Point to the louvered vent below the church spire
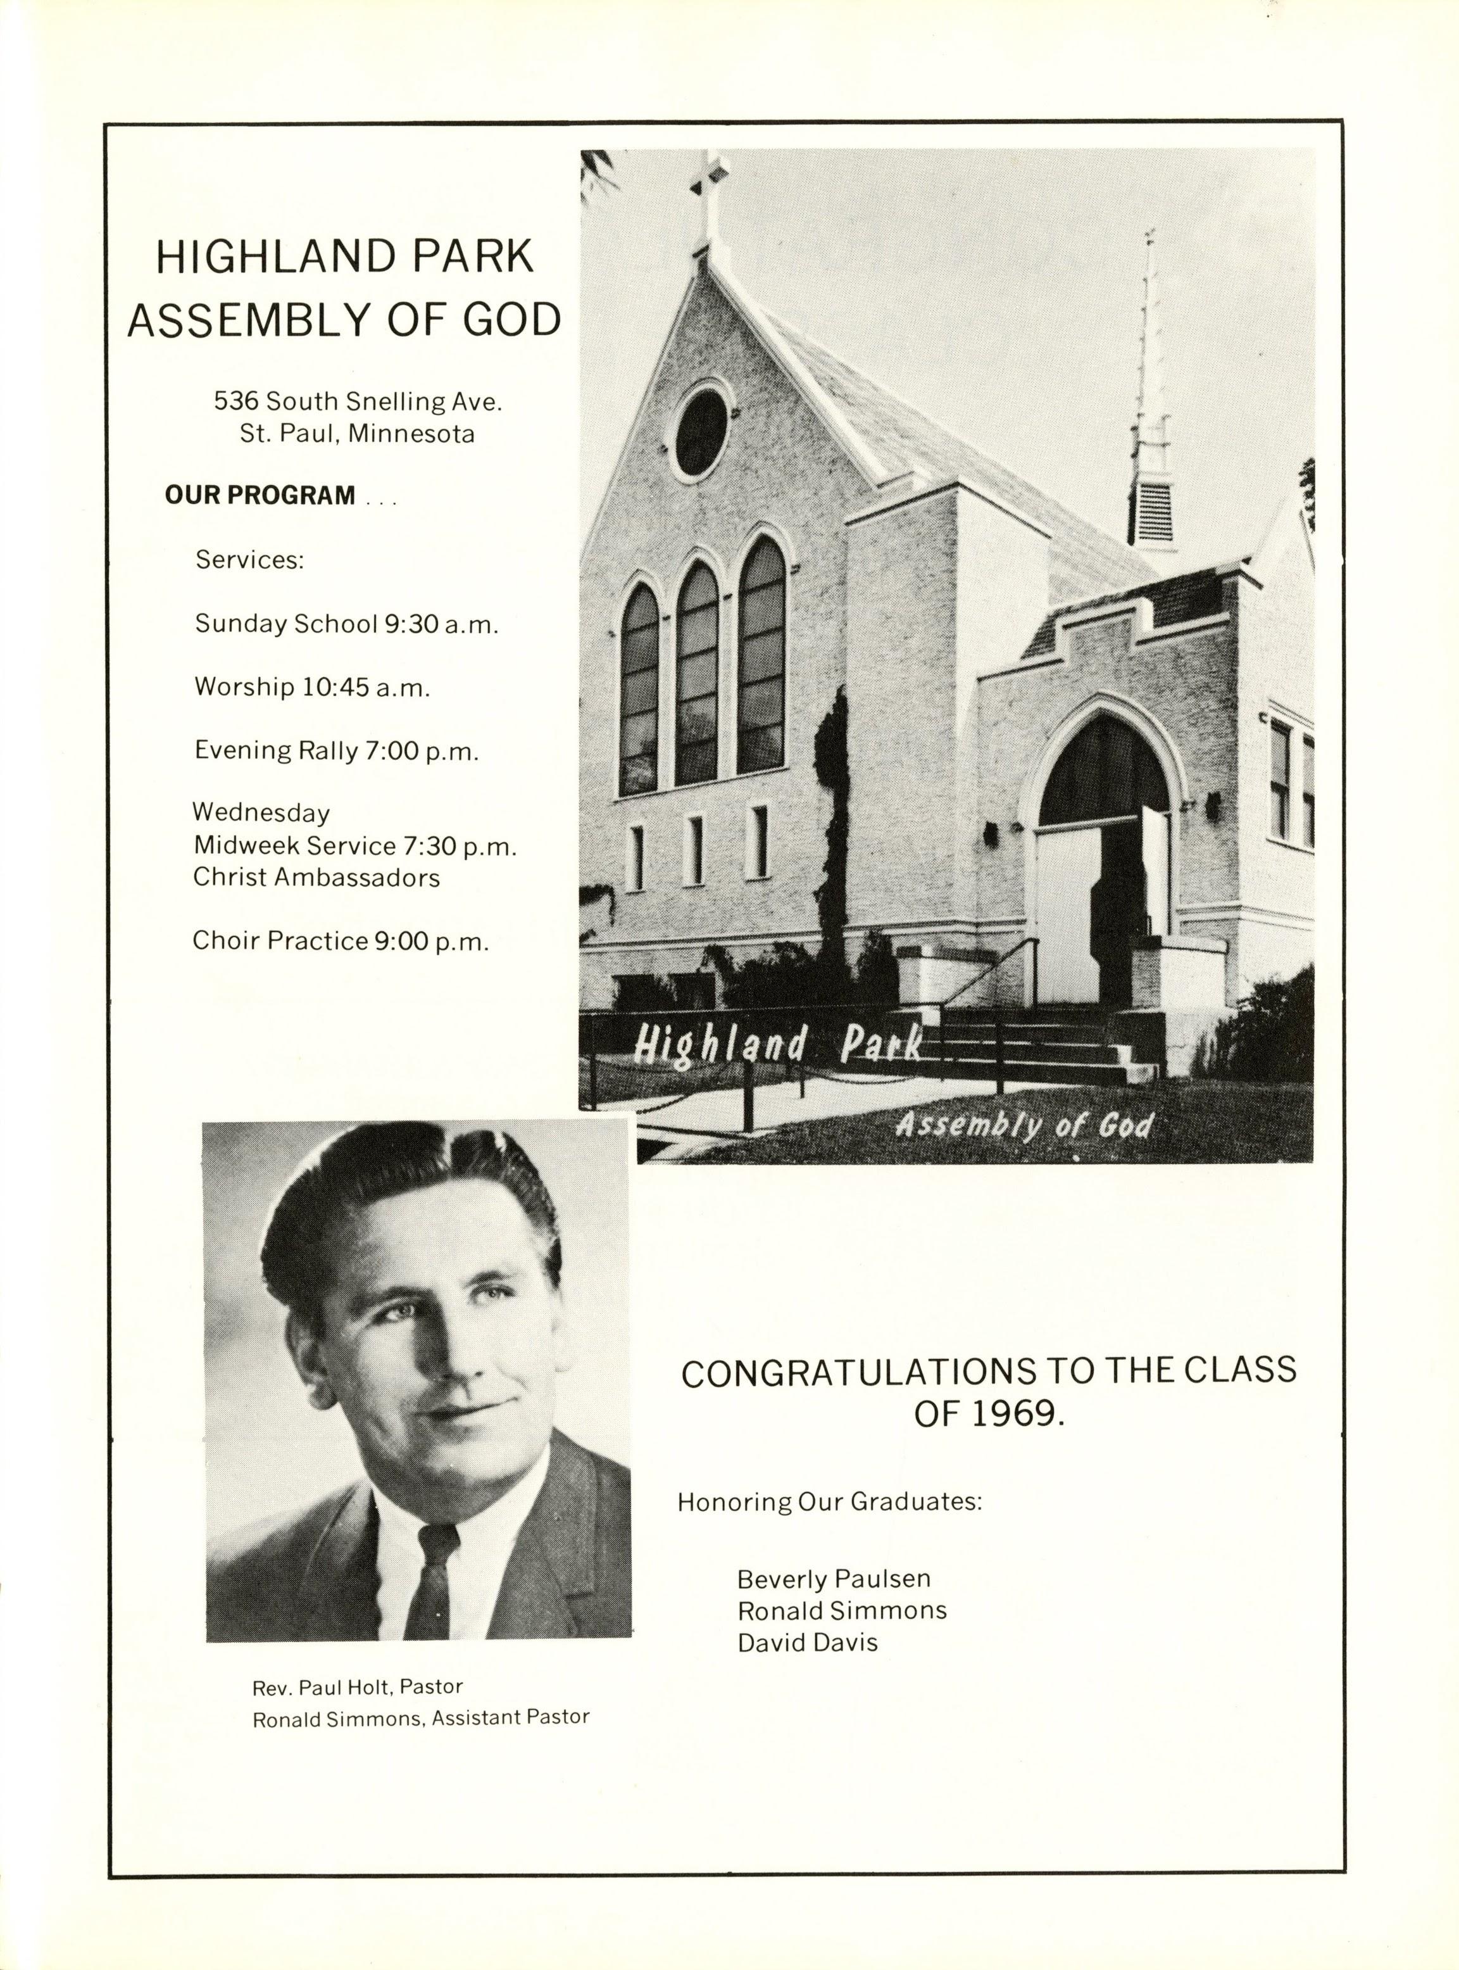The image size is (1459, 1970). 1153,512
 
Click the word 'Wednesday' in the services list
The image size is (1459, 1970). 261,812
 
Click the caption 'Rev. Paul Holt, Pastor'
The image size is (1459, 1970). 358,1711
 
